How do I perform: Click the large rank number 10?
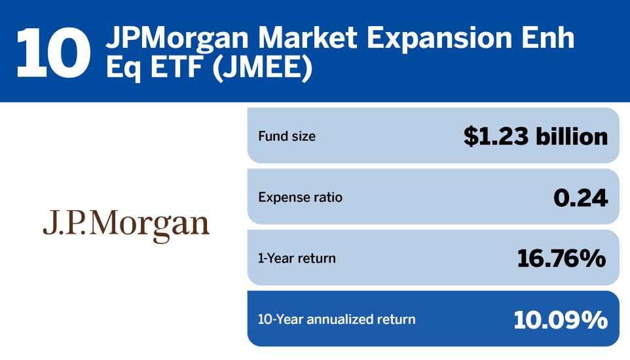pyautogui.click(x=54, y=52)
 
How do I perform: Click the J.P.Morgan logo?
pyautogui.click(x=126, y=225)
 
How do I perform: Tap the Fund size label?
pyautogui.click(x=287, y=137)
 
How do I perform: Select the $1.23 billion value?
pyautogui.click(x=536, y=136)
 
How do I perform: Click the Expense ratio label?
pyautogui.click(x=300, y=197)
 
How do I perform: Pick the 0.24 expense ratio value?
pyautogui.click(x=580, y=198)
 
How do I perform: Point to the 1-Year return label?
pyautogui.click(x=297, y=258)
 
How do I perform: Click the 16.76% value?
pyautogui.click(x=562, y=259)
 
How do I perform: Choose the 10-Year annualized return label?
pyautogui.click(x=337, y=319)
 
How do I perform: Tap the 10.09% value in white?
pyautogui.click(x=561, y=319)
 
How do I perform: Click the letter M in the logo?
pyautogui.click(x=109, y=225)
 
